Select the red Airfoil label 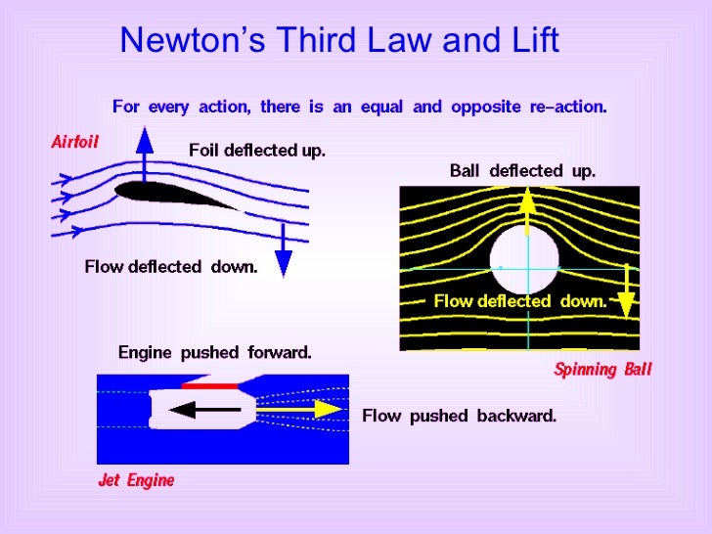74,142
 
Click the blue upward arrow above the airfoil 145,156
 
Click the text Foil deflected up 256,151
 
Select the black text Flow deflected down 170,267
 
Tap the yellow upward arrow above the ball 527,210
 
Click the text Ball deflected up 521,171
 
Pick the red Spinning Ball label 602,370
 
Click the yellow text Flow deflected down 519,302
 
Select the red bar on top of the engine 210,386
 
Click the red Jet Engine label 136,480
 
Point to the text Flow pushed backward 459,416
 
